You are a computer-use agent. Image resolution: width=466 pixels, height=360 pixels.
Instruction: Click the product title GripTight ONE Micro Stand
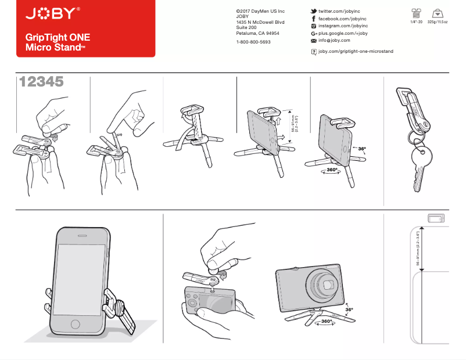pos(57,42)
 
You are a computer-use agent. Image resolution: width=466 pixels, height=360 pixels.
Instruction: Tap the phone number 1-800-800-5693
pos(253,42)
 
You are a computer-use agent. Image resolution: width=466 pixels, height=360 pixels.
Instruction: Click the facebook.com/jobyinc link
pos(342,19)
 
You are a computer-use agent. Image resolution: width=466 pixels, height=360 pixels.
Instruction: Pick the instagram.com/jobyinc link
pos(343,26)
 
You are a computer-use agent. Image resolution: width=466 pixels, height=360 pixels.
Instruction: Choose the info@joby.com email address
pos(334,41)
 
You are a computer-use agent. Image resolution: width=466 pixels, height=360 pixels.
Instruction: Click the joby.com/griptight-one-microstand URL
pos(356,52)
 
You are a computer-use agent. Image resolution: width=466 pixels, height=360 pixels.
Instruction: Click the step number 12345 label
pos(41,82)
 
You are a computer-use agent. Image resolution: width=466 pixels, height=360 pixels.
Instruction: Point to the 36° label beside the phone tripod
pos(362,149)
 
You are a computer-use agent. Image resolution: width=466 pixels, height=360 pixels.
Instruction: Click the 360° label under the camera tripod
pos(327,321)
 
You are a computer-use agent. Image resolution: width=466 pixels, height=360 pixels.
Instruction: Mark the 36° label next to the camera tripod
pos(349,310)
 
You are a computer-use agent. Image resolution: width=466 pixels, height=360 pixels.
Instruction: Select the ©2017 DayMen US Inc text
pos(260,12)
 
